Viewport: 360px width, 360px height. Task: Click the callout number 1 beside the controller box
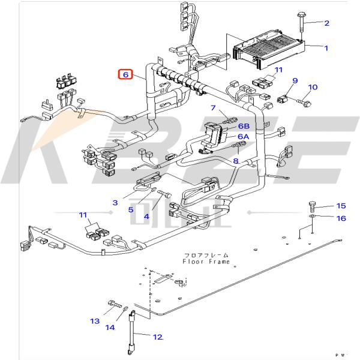coord(326,47)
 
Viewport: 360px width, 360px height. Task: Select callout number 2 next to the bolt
coord(327,23)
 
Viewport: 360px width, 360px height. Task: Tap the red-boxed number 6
coord(125,74)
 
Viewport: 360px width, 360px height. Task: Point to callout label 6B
coord(243,126)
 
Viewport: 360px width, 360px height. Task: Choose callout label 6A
coord(243,137)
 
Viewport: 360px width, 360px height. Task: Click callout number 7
coord(212,108)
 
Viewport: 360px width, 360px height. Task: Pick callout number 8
coord(236,161)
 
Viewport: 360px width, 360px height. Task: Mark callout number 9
coord(295,80)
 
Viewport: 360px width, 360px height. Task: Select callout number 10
coord(312,87)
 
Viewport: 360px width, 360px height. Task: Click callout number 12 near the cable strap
coord(157,337)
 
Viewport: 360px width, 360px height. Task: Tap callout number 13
coord(95,322)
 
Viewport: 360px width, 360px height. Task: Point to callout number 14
coord(110,327)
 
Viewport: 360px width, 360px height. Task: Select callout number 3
coord(115,204)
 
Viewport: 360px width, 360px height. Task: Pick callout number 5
coord(130,209)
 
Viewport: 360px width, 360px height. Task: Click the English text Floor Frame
coord(207,261)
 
